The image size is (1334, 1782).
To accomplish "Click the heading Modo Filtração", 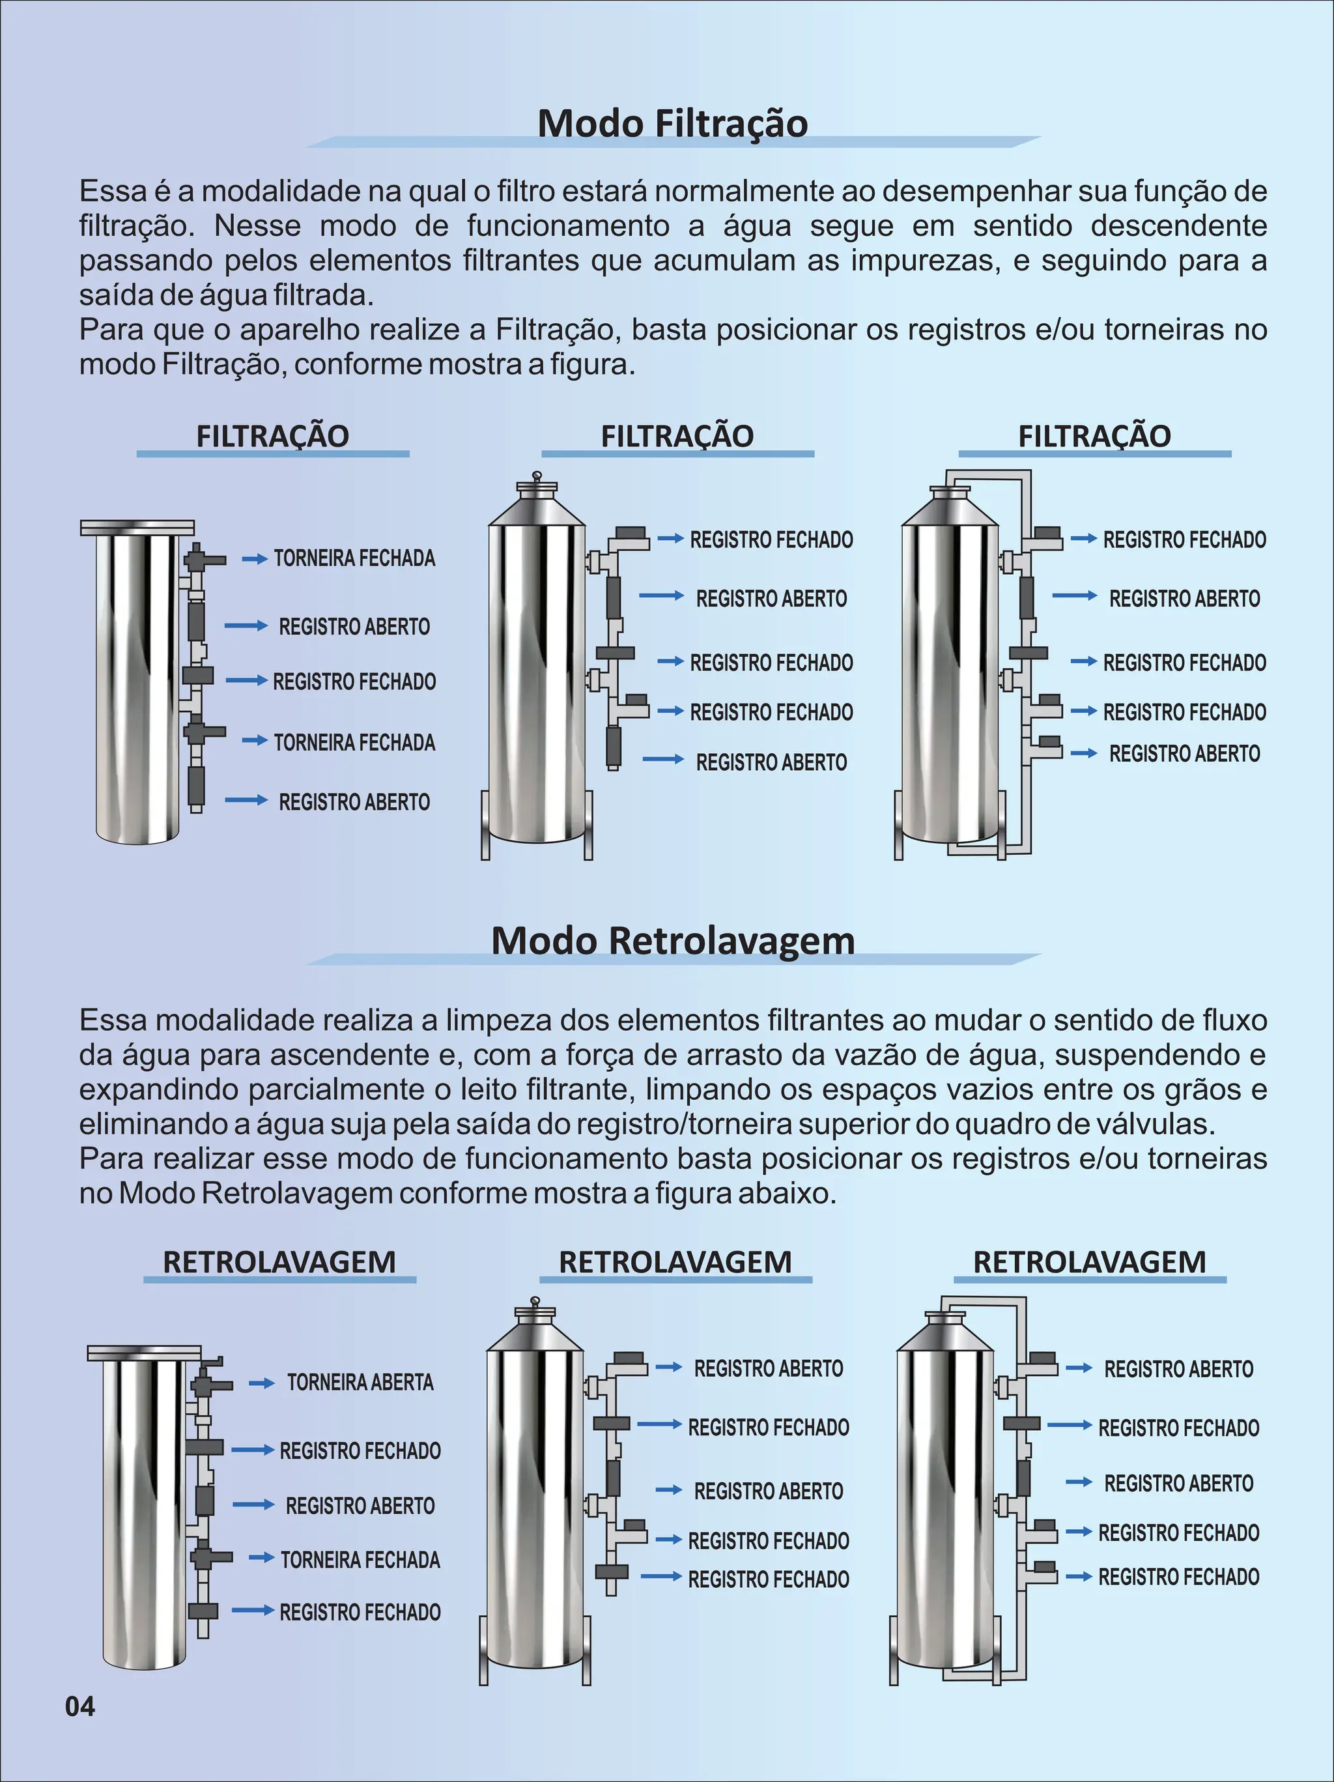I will point(673,123).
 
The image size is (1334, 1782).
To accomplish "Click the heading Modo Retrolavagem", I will point(673,940).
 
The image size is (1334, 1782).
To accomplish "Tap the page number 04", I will point(79,1706).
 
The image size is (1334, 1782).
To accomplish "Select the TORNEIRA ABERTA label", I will point(360,1383).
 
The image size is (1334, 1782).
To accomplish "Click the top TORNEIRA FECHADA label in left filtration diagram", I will point(354,558).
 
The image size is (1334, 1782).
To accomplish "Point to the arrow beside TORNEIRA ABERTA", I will point(261,1383).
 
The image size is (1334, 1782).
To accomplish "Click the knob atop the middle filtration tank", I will point(537,477).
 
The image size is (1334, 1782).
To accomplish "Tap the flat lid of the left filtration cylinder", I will point(137,528).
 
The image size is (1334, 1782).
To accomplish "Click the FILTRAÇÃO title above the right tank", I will point(1094,436).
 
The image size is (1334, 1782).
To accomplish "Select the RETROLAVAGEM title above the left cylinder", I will point(279,1262).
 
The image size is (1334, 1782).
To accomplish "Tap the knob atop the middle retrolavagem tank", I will point(534,1301).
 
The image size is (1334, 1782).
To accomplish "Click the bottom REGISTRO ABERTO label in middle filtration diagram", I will point(771,762).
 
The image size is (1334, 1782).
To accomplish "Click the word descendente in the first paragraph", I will point(1178,226).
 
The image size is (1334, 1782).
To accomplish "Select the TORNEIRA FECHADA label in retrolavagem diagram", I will point(360,1560).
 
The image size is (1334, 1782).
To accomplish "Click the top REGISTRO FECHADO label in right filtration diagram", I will point(1184,539).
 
